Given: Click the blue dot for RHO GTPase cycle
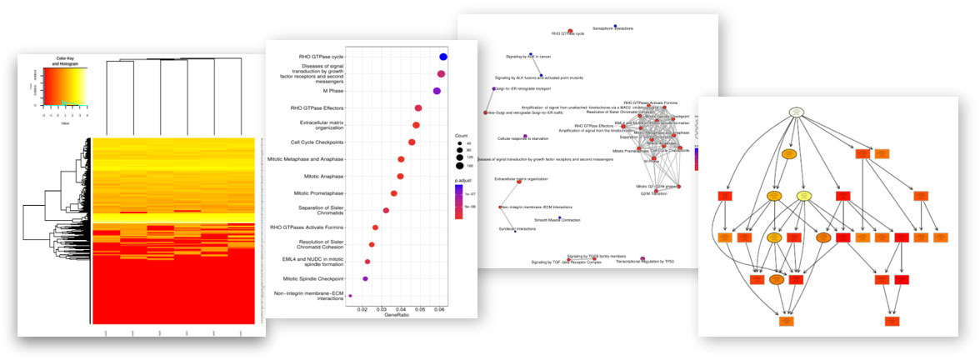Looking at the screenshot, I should [444, 57].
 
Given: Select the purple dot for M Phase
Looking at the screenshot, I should [436, 91].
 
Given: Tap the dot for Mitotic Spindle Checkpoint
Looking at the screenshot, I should [365, 278].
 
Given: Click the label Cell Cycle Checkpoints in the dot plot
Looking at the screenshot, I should [312, 142].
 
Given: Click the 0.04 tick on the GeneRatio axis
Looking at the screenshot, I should [402, 308].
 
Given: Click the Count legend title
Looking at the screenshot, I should [462, 135].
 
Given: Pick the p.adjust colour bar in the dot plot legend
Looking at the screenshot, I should [459, 198].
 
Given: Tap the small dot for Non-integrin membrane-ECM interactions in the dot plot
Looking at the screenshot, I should [351, 296].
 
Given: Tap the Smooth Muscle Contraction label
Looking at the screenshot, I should [557, 220].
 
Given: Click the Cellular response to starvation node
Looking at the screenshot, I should [525, 136].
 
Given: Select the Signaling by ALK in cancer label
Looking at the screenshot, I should [528, 57].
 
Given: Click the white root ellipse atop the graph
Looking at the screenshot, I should [796, 111].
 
